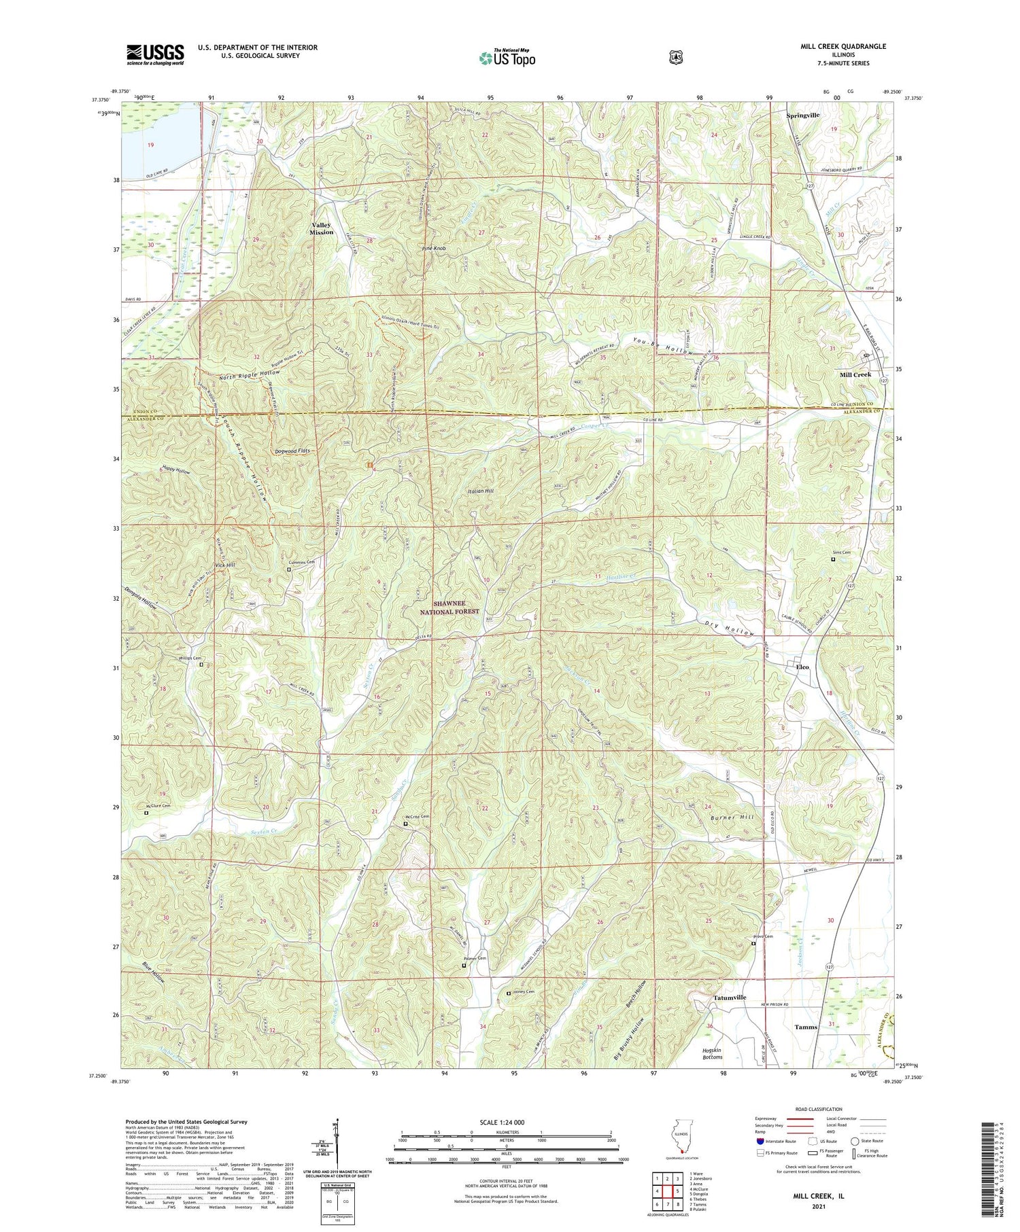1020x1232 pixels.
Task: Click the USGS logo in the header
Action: pos(155,54)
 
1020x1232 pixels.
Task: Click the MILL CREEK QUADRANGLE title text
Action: pos(844,46)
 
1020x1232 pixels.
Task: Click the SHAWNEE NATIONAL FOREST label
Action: pos(448,607)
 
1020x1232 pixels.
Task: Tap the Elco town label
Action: pos(802,667)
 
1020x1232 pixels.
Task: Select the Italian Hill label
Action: pos(480,491)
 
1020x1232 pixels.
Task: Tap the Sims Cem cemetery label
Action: pos(841,552)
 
